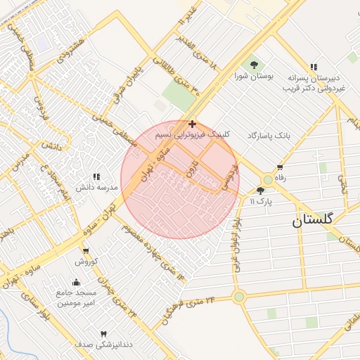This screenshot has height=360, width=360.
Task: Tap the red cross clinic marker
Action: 193,124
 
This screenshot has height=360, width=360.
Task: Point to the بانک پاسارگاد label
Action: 269,134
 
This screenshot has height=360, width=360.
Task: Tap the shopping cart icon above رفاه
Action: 280,168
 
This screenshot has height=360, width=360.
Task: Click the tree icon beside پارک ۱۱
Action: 261,191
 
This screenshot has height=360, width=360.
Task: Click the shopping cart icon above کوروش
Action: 85,251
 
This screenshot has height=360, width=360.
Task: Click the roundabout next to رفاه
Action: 267,179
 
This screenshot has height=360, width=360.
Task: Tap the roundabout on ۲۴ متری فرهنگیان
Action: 239,297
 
